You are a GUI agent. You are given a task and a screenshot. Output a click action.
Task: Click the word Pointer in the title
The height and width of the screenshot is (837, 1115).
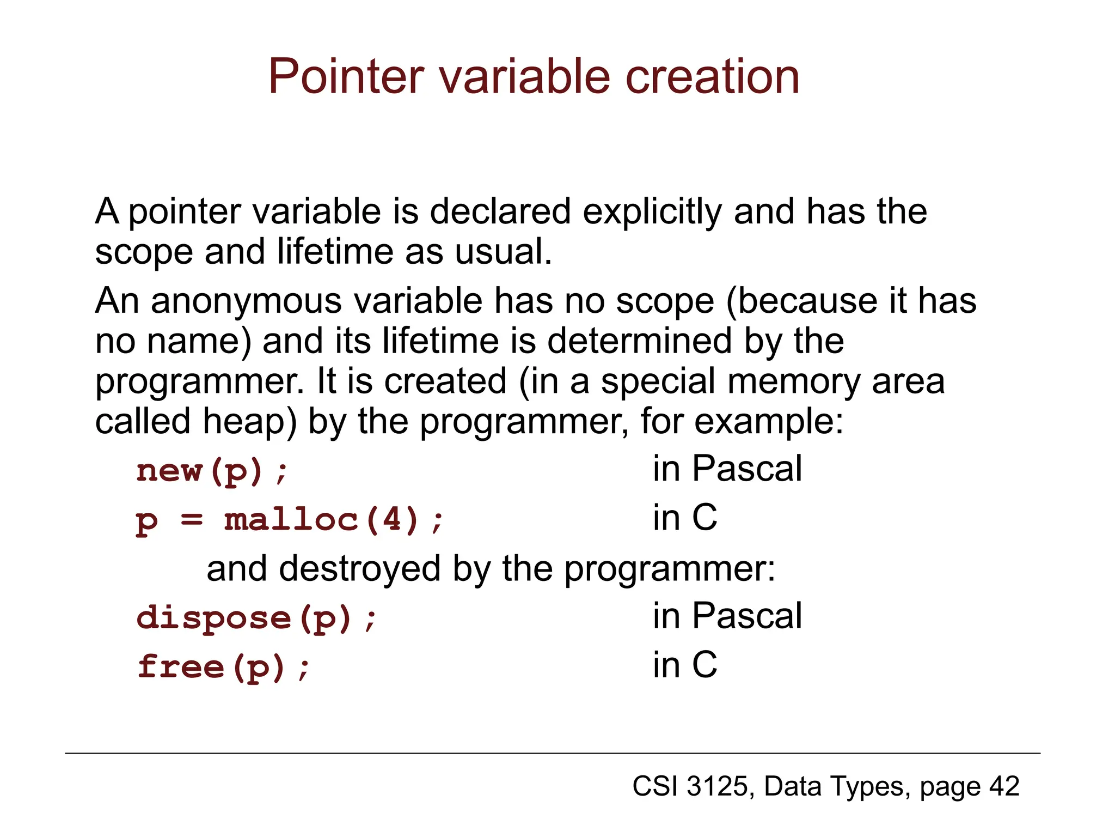tap(346, 77)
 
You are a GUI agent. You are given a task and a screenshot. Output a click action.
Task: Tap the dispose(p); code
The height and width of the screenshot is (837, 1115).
tap(256, 618)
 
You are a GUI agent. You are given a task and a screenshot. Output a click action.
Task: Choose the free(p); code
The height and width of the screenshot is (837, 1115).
tap(224, 667)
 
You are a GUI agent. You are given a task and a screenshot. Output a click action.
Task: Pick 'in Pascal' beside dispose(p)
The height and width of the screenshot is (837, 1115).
tap(727, 616)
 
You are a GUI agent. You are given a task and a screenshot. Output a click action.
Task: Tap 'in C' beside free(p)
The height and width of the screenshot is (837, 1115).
tap(685, 665)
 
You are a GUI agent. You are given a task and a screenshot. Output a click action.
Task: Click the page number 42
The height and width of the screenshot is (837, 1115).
tap(1004, 786)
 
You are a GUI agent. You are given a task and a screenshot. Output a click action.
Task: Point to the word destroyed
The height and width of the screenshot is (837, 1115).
tap(359, 569)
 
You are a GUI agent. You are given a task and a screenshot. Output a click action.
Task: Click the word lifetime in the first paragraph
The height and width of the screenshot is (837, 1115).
tap(335, 252)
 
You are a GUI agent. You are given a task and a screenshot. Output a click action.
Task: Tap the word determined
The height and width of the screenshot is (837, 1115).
tap(639, 342)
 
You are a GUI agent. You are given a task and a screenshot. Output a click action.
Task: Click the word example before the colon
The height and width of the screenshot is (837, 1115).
tap(768, 422)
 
